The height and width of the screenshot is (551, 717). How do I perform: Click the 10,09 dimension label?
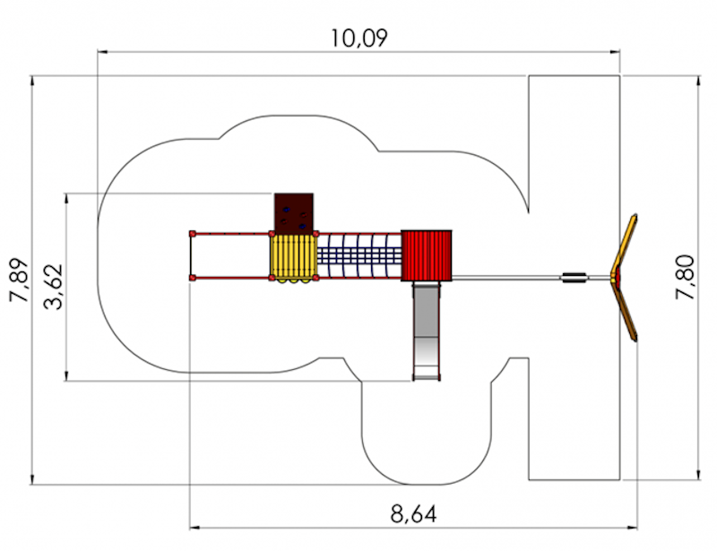tap(359, 38)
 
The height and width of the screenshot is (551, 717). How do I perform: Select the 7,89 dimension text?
tap(20, 280)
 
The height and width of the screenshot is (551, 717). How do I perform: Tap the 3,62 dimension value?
tap(54, 287)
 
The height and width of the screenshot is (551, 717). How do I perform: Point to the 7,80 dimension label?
tap(685, 277)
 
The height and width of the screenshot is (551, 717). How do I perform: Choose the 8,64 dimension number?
tap(413, 513)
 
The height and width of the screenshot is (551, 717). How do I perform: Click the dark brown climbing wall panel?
tap(294, 213)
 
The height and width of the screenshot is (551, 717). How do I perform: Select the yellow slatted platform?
tap(293, 257)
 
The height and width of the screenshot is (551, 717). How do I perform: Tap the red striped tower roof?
tap(427, 255)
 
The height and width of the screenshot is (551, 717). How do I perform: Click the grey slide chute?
tap(427, 331)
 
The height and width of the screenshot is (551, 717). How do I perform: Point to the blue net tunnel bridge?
tap(359, 255)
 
